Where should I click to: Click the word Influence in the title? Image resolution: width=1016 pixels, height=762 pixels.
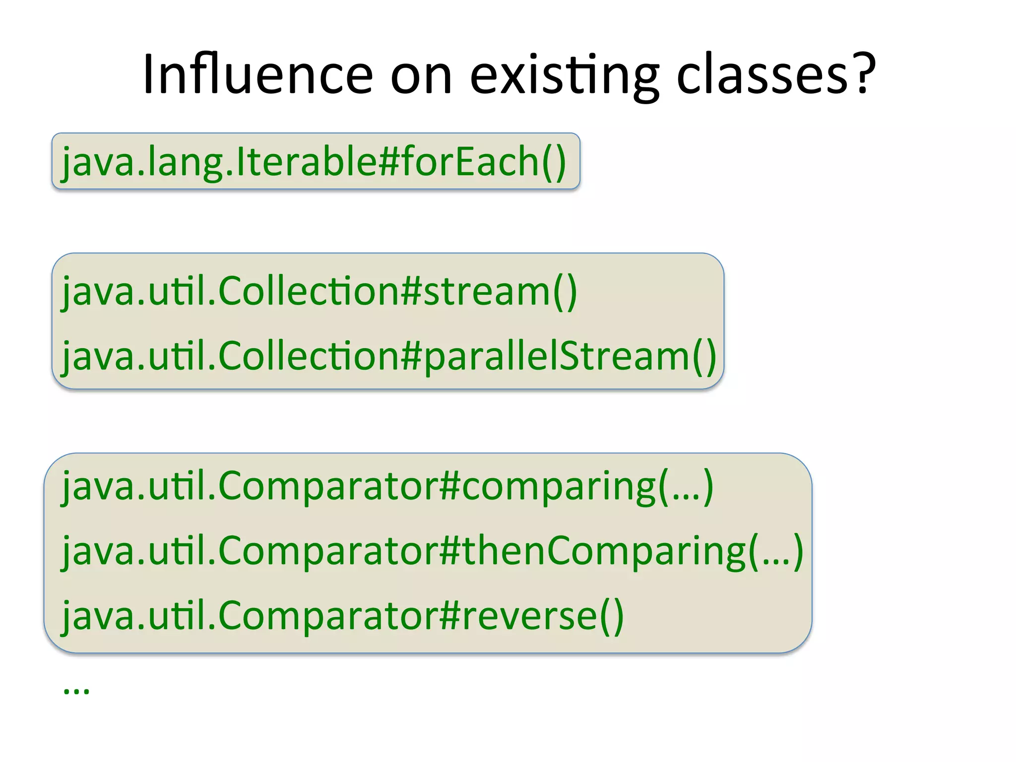(257, 74)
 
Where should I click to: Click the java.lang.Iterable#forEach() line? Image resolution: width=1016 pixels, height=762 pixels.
(314, 162)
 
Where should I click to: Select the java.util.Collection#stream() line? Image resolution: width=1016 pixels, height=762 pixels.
(319, 291)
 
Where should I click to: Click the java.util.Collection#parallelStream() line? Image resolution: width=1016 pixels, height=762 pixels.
(389, 356)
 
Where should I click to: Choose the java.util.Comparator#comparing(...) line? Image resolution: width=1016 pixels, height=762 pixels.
(387, 486)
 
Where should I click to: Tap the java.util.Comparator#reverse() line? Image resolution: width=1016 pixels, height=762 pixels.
(342, 616)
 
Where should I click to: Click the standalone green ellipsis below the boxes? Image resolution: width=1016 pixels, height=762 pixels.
(76, 690)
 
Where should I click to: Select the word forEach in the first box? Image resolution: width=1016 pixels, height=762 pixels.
(471, 162)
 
